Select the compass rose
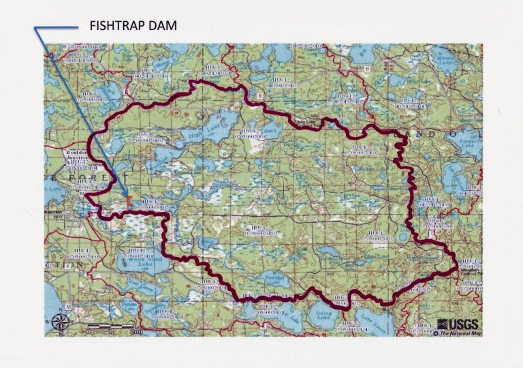[x=59, y=322]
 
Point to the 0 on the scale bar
[x=89, y=331]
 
